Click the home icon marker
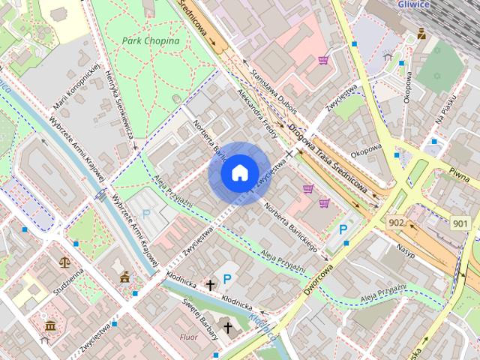[238, 172]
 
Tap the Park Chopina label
[151, 40]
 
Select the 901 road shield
[461, 223]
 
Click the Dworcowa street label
[318, 277]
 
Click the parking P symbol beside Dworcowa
[343, 230]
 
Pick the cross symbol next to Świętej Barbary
[228, 328]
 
